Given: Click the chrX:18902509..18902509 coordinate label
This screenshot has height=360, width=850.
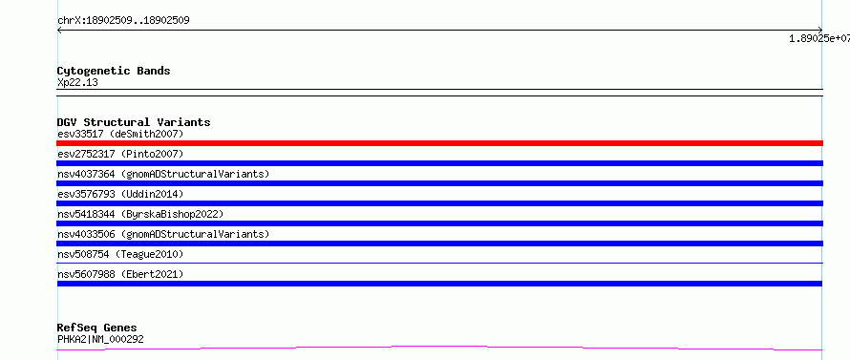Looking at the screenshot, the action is (123, 21).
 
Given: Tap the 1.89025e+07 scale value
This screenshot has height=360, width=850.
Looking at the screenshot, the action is (819, 38).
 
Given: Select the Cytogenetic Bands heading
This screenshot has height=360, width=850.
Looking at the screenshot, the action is (114, 71).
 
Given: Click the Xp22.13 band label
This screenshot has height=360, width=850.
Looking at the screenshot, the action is (77, 83).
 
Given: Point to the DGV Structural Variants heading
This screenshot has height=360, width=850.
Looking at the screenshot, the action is (134, 122).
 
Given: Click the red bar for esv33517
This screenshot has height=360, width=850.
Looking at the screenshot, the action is (439, 143).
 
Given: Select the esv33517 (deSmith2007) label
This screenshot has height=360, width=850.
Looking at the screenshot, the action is (120, 134).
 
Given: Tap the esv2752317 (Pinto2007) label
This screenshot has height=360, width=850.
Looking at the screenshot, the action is (120, 154).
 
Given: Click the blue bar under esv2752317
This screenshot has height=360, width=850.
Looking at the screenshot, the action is (439, 163).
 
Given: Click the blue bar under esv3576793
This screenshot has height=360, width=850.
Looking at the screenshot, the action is (439, 203).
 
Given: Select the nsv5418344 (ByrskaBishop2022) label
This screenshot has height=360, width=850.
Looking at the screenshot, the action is (140, 214).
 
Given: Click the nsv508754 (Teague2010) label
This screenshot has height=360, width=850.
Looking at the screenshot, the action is (120, 254).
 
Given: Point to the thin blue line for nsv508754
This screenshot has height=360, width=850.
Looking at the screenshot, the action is (439, 263).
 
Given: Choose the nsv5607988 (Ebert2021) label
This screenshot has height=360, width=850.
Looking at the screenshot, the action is (120, 274).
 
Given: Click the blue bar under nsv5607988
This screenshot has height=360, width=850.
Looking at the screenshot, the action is (439, 284).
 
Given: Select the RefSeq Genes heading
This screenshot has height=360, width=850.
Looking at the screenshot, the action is (97, 328).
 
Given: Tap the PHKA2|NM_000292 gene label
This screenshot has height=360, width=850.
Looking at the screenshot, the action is (100, 339).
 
